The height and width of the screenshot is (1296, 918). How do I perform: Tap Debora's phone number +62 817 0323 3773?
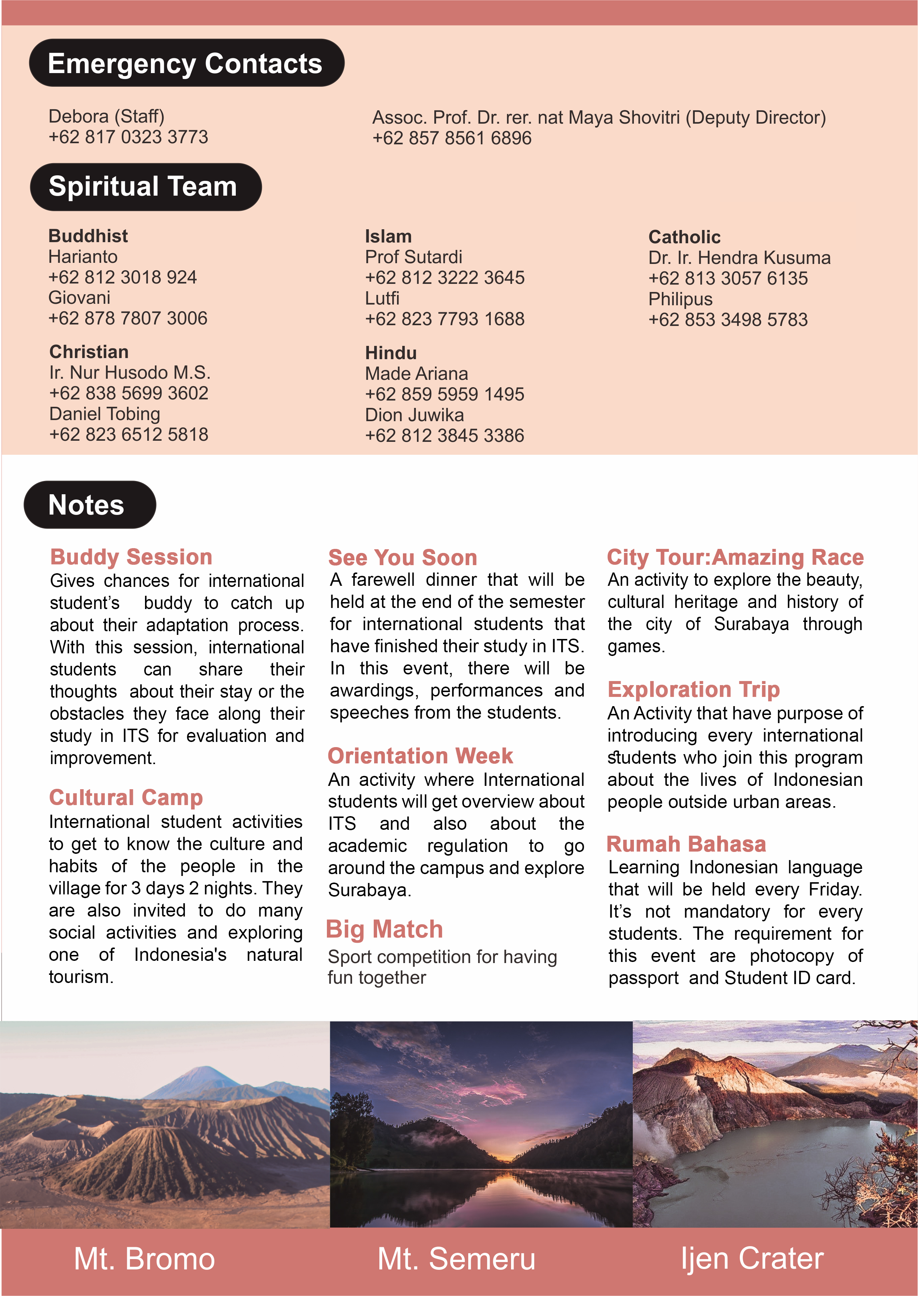(x=128, y=137)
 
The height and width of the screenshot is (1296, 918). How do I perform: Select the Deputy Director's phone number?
(x=452, y=138)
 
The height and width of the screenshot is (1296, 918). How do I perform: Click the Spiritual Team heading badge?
(x=145, y=187)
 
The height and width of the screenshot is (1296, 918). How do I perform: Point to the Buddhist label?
(x=88, y=236)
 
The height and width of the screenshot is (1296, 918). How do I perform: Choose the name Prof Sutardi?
(x=413, y=257)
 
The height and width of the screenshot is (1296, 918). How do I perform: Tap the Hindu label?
(x=391, y=353)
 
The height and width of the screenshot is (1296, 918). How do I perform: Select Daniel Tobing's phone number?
(x=129, y=434)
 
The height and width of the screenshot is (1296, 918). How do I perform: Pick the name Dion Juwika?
(x=414, y=415)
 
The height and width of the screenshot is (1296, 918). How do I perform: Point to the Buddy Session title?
(x=131, y=557)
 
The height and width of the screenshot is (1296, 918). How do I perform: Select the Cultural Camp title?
(x=126, y=797)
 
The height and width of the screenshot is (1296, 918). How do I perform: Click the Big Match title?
(x=384, y=929)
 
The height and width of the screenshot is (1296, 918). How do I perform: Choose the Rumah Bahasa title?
(x=686, y=844)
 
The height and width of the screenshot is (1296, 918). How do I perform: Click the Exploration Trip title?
(x=694, y=689)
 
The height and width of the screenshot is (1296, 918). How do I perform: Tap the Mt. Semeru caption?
(x=456, y=1259)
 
